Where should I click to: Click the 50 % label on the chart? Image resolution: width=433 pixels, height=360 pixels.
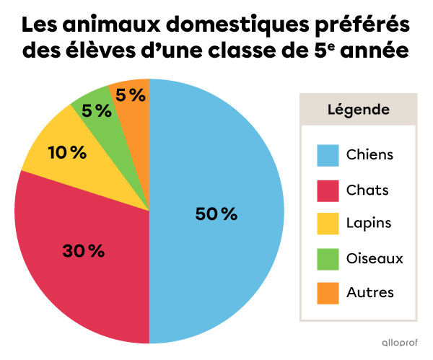point(216,214)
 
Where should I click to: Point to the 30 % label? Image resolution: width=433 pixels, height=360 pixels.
point(83,251)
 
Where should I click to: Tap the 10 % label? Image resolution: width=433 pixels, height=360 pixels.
point(67,152)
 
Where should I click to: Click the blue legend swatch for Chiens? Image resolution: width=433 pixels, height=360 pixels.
point(328,155)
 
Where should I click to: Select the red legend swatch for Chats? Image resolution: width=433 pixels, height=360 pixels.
point(328,190)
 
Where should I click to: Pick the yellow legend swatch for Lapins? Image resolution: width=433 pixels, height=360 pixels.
point(328,224)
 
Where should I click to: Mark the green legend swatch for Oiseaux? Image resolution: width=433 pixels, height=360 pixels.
point(328,258)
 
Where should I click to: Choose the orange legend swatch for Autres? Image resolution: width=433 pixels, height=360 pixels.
point(328,292)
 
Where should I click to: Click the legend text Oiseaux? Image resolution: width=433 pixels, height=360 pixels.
point(374,258)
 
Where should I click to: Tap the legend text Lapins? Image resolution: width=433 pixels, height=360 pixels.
point(368,224)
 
